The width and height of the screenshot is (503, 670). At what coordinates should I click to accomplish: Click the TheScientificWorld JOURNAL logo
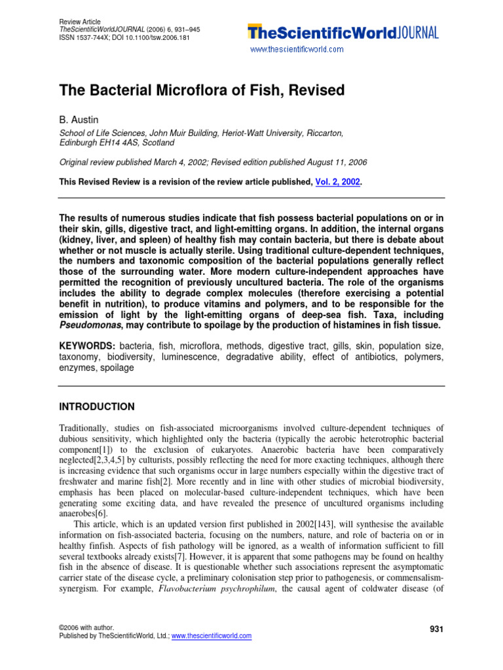tap(343, 32)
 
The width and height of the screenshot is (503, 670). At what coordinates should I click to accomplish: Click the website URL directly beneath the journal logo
tap(297, 49)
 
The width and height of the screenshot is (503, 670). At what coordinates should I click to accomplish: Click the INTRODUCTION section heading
tap(97, 406)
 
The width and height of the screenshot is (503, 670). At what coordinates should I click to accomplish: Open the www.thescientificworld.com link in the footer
tap(211, 636)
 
